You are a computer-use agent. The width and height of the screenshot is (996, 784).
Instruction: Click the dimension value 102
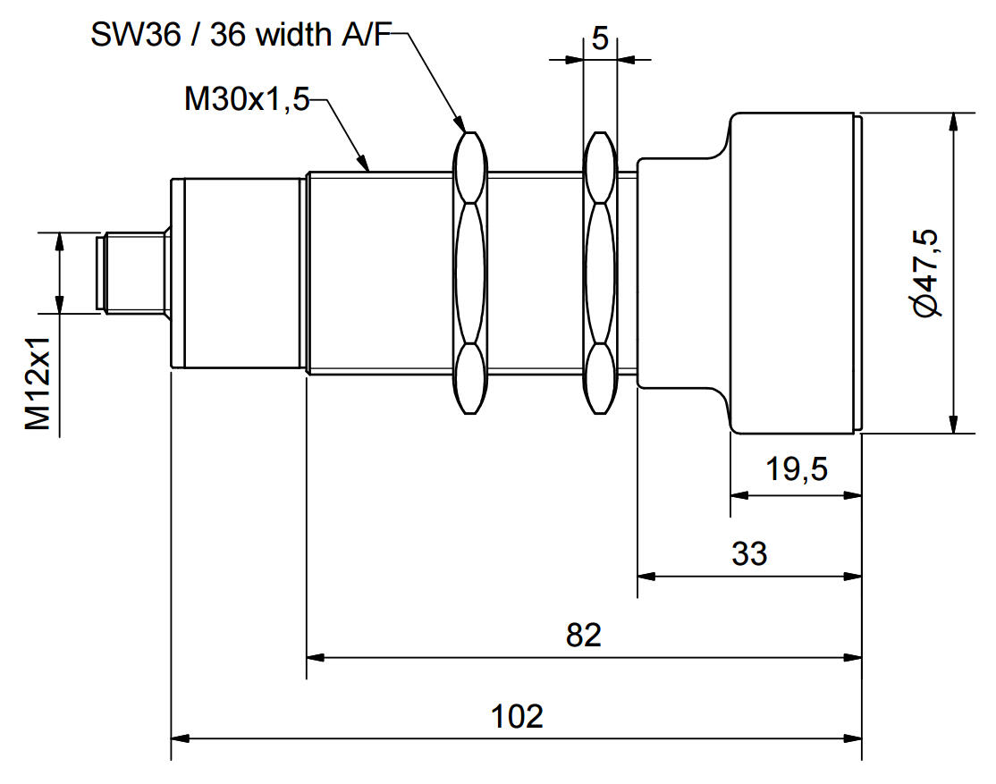point(517,716)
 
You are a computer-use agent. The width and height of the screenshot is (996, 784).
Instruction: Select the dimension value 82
point(584,635)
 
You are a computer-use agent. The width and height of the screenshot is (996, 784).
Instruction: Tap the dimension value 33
point(749,553)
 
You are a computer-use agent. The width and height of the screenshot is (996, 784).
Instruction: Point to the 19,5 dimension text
point(796,468)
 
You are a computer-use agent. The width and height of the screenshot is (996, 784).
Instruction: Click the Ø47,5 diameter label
point(926,272)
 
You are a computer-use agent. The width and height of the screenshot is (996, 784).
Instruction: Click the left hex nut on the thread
point(470,272)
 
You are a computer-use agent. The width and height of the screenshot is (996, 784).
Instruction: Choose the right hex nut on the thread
point(599,272)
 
